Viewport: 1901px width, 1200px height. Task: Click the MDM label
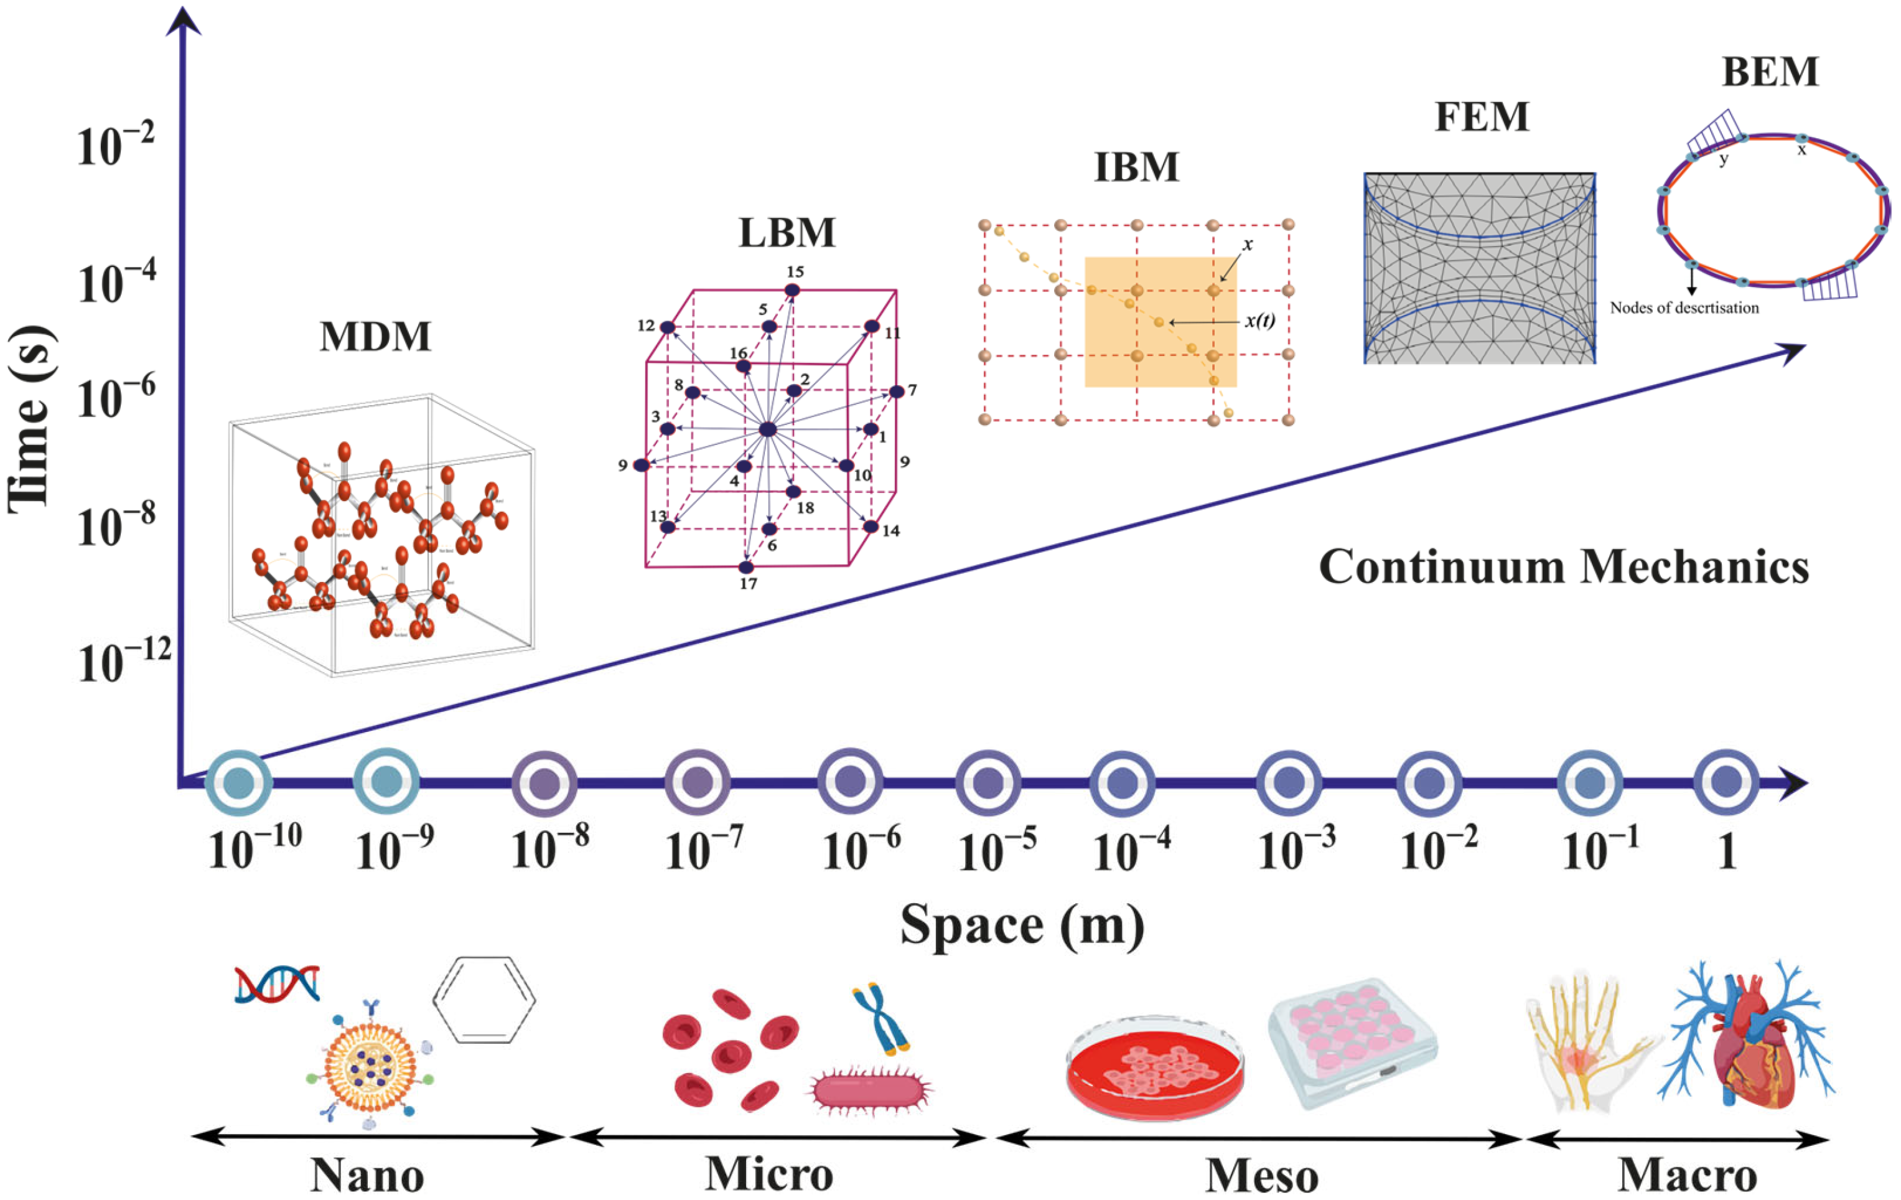375,337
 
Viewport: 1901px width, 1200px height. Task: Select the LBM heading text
787,233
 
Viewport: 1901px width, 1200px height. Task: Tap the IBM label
1136,167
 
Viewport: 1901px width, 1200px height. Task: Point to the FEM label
1481,118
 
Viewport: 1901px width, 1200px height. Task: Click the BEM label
1770,73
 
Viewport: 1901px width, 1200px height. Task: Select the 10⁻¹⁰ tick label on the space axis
255,847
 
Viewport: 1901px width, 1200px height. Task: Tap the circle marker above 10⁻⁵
988,783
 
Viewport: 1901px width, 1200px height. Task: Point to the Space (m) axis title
1022,926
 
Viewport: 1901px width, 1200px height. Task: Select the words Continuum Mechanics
1564,567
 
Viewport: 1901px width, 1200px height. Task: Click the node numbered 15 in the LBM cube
792,291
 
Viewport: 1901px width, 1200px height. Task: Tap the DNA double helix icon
277,983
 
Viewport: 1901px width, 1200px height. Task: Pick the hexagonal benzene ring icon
484,1000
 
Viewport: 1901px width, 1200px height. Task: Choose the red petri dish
1154,1067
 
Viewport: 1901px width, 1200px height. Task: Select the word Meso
1261,1176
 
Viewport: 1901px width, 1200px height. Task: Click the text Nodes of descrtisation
1684,308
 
